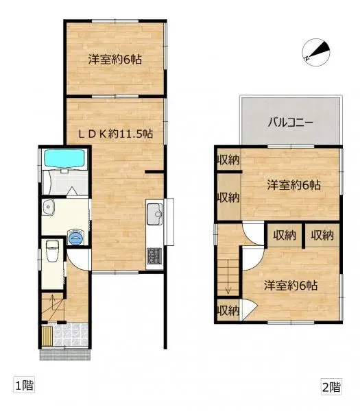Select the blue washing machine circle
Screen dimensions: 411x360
coord(76,238)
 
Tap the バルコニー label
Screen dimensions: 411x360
coord(289,123)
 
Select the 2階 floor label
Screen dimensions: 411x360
coord(331,386)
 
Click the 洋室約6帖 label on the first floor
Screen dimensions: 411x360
coord(115,59)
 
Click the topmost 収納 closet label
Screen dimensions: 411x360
coord(228,160)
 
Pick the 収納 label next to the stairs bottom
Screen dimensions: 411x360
coord(228,310)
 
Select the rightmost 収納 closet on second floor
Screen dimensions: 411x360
coord(321,236)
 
